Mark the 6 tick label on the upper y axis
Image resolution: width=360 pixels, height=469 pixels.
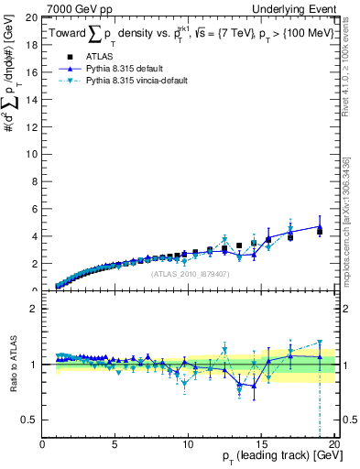pyautogui.click(x=35, y=208)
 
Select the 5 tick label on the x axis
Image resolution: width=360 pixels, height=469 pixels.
pyautogui.click(x=115, y=445)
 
